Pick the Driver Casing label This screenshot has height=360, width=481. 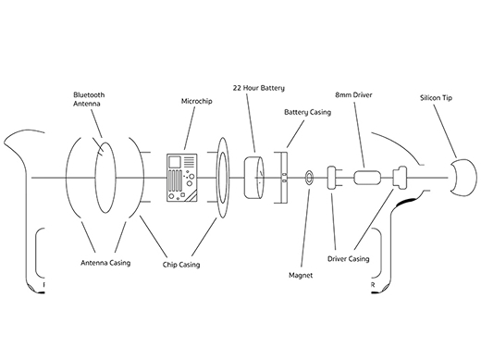(350, 259)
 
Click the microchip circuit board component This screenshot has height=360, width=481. (181, 176)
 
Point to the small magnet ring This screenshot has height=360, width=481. (308, 176)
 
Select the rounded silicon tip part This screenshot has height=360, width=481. (460, 176)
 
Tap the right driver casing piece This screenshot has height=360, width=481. (401, 176)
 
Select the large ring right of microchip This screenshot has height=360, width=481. (222, 176)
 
